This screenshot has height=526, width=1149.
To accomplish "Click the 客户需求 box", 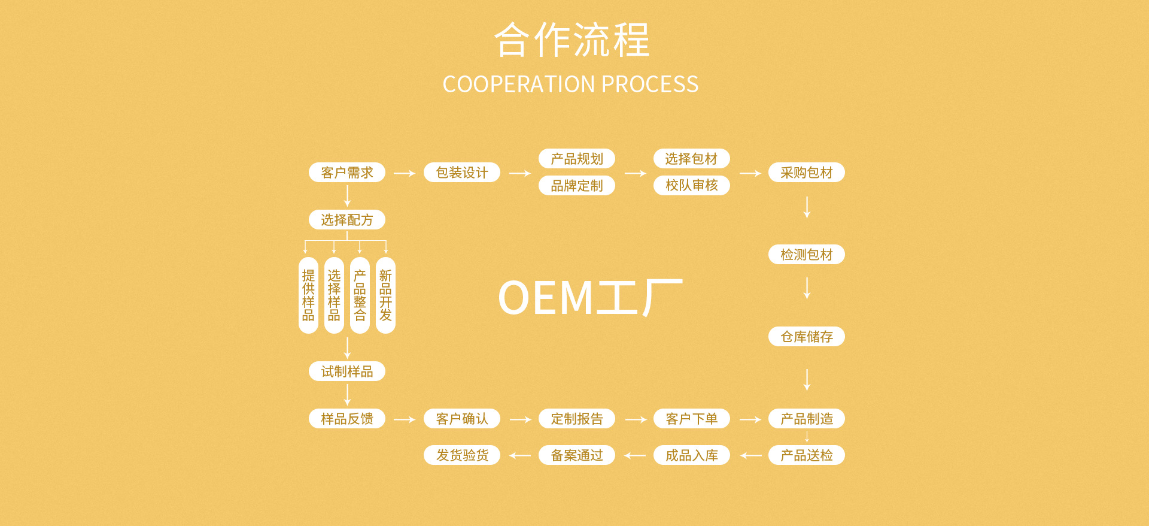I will click(x=347, y=173).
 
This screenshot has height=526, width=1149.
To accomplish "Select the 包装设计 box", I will click(x=462, y=173).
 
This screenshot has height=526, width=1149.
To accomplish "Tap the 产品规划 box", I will click(x=577, y=159).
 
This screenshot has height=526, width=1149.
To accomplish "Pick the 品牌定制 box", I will click(x=577, y=186).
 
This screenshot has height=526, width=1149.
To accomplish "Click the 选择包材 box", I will click(x=691, y=159).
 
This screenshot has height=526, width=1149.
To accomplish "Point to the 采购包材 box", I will click(x=806, y=173).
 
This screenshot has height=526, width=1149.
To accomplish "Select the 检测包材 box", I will click(x=806, y=255).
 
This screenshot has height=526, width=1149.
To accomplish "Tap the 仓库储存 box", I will click(x=806, y=337).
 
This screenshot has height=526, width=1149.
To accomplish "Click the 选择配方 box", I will click(x=347, y=220).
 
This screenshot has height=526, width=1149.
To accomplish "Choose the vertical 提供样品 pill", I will click(x=308, y=295).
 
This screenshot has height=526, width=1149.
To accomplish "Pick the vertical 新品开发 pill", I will click(x=385, y=295).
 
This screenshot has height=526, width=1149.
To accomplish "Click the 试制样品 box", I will click(x=347, y=371).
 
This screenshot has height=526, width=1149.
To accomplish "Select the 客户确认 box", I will click(x=462, y=419).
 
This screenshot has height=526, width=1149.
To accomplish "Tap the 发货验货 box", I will click(x=462, y=455).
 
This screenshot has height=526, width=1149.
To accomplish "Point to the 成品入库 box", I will click(x=691, y=455).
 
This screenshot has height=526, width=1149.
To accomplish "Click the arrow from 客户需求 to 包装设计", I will click(x=405, y=173).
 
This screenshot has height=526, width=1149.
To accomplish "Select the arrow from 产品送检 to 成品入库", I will click(x=750, y=456).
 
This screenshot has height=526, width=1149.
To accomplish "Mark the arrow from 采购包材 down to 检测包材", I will click(x=807, y=207).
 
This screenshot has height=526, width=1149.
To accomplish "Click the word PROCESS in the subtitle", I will click(x=650, y=84).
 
